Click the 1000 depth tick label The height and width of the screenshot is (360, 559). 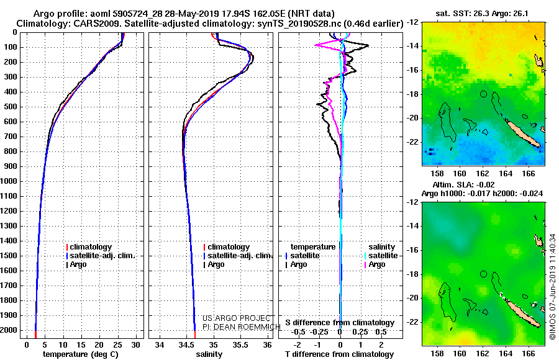pyautogui.click(x=9, y=181)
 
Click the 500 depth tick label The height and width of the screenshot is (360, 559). pyautogui.click(x=11, y=107)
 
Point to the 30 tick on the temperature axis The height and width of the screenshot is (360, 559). pyautogui.click(x=135, y=344)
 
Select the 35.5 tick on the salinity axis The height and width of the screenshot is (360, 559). pyautogui.click(x=240, y=344)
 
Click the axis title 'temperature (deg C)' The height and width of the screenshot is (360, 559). pyautogui.click(x=81, y=354)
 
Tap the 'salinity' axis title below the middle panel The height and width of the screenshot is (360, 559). pyautogui.click(x=209, y=354)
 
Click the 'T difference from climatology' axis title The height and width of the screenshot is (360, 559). pyautogui.click(x=339, y=354)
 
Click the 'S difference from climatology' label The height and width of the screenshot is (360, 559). pyautogui.click(x=340, y=323)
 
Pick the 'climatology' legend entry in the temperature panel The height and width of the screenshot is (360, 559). pyautogui.click(x=89, y=247)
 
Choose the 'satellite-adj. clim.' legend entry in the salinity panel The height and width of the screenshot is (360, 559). pyautogui.click(x=238, y=256)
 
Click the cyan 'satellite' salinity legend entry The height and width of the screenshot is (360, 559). pyautogui.click(x=381, y=256)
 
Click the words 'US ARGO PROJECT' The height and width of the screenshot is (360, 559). pyautogui.click(x=237, y=318)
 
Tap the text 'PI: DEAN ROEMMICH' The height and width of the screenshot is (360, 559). pyautogui.click(x=242, y=327)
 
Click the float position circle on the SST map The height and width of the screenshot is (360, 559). pyautogui.click(x=483, y=94)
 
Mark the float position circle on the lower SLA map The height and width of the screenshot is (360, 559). pyautogui.click(x=483, y=274)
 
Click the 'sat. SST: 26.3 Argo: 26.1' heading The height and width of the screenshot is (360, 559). pyautogui.click(x=482, y=14)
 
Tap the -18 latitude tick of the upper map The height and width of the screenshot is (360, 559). pyautogui.click(x=413, y=94)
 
